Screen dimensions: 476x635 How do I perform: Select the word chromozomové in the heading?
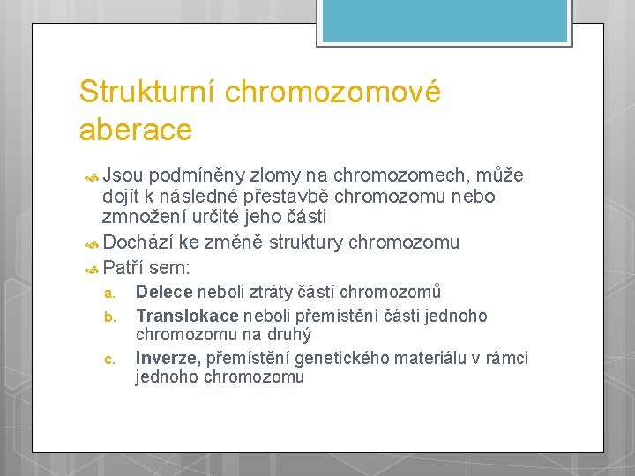332,92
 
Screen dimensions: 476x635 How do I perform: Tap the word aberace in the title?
135,130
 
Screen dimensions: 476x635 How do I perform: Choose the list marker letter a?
108,293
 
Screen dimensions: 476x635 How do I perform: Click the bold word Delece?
165,292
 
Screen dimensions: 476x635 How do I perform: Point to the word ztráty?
273,292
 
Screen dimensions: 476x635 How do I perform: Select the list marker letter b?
108,316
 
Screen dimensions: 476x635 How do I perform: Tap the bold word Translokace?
187,315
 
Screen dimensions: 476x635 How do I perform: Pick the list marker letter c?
108,359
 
